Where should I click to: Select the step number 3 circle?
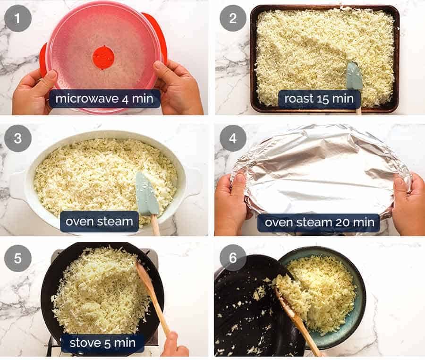coord(18,138)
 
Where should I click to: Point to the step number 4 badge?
coord(233,138)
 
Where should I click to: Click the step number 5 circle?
coord(18,258)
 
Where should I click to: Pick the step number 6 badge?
coord(233,258)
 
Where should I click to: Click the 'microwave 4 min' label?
coord(104,99)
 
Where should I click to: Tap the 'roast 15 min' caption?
coord(319,99)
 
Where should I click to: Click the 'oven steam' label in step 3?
coord(99,221)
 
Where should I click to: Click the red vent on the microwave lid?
coord(103,57)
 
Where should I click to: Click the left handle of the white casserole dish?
coord(18,185)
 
